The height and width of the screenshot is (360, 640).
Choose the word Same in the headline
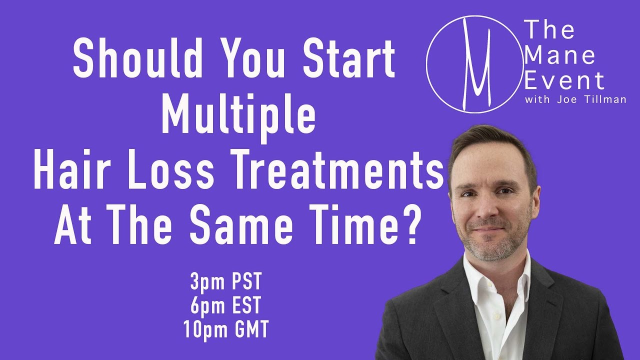[x=241, y=225]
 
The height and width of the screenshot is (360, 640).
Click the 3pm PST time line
[x=225, y=281]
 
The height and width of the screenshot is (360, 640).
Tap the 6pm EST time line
[x=225, y=305]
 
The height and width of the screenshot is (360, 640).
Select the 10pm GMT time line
[x=225, y=329]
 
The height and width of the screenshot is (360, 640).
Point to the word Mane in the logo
[x=559, y=55]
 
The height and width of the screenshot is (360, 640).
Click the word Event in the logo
[x=564, y=80]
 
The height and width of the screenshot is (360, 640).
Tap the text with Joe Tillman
[x=575, y=99]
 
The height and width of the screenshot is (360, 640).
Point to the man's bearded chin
[x=491, y=249]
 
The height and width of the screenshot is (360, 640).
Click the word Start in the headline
[x=349, y=58]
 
